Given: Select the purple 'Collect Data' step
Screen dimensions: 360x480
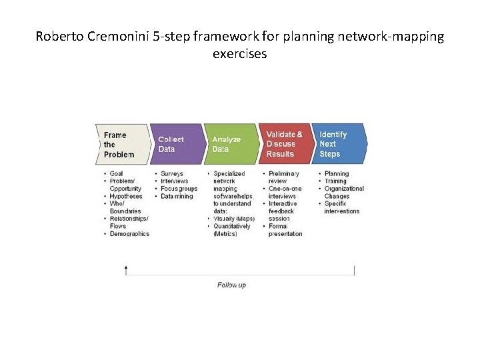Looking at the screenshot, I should coord(175,144).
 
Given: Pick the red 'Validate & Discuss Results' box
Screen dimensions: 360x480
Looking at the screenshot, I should coord(284,144).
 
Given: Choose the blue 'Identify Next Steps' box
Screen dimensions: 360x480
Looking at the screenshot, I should coord(337,144).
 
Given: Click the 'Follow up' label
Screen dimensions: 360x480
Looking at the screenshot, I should coord(231,285).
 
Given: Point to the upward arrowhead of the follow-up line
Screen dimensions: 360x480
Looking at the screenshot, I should coord(126,267).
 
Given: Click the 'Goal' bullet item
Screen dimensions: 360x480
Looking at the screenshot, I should coord(116,174).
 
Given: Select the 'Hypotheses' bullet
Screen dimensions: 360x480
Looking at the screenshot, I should coord(125,197).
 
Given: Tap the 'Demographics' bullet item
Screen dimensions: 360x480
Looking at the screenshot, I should coord(129,234).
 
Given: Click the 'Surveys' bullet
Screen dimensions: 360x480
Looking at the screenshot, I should coord(172,174).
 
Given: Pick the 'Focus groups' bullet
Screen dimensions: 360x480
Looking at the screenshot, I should coord(179,189).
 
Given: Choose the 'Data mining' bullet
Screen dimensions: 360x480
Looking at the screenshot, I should coord(177,197).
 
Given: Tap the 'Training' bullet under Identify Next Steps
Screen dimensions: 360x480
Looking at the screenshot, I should coord(335,181).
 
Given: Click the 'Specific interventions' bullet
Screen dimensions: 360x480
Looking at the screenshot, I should coord(341,207).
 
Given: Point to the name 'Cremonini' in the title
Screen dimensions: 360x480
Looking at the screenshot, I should coord(115,37).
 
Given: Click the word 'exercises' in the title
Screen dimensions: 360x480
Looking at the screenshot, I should coord(239,53).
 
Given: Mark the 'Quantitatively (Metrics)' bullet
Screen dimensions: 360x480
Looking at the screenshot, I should coord(231,230).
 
